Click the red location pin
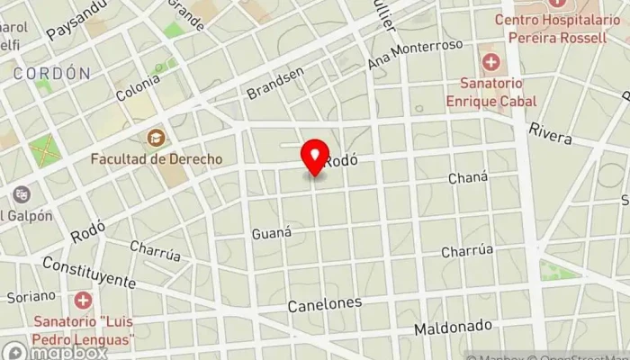pos(315,157)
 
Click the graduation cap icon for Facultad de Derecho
pos(156,139)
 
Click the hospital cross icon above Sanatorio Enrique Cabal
pos(491,63)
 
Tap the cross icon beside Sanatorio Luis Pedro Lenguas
pos(83,300)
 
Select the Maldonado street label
pos(453,327)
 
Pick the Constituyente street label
pos(88,273)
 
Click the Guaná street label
pos(272,233)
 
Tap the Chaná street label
pos(468,178)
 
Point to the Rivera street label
pos(550,133)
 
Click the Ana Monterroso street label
pos(415,55)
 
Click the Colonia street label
pos(137,88)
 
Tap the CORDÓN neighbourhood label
pos(51,73)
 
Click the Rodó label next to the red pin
pos(341,161)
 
